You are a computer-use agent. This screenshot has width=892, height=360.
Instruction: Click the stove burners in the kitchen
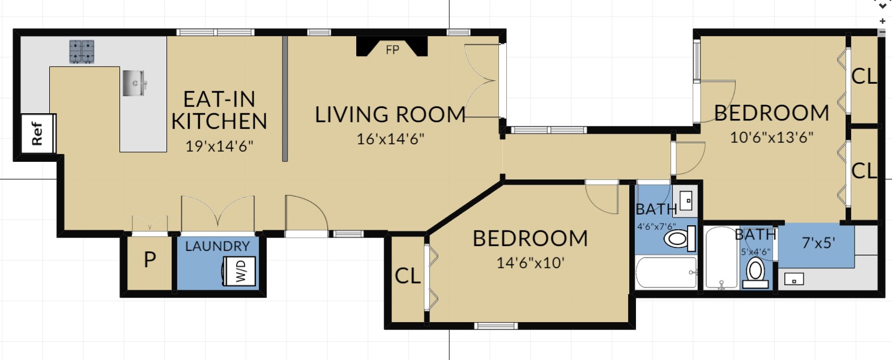click(82, 52)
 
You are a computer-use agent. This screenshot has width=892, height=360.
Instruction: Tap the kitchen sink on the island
click(134, 83)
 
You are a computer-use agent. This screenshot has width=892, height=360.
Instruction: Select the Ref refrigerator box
click(37, 133)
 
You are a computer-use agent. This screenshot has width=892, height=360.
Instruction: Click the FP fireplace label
click(392, 50)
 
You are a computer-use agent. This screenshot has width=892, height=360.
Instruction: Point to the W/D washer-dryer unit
click(240, 271)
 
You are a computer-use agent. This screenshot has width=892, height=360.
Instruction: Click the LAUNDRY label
click(217, 246)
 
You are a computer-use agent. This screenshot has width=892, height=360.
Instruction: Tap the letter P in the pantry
click(150, 260)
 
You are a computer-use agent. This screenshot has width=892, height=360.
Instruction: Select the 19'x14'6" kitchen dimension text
click(219, 146)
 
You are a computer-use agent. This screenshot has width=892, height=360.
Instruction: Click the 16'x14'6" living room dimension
click(390, 139)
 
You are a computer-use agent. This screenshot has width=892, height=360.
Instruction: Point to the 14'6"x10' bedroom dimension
click(531, 263)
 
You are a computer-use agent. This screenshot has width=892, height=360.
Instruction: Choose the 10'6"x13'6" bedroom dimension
click(771, 137)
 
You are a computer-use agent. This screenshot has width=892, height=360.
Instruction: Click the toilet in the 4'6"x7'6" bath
click(680, 238)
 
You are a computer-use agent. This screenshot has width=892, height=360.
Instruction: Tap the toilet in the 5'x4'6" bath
click(756, 273)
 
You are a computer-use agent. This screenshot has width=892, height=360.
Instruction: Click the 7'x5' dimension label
click(818, 243)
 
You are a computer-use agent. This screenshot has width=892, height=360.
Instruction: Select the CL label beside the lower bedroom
click(407, 276)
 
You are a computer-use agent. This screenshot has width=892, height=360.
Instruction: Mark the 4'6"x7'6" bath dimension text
click(656, 226)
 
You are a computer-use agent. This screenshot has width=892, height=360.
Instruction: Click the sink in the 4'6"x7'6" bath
click(686, 201)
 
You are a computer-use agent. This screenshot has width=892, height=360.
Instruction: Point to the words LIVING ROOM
click(390, 114)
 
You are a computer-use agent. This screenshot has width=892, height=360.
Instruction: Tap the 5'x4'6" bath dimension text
click(756, 251)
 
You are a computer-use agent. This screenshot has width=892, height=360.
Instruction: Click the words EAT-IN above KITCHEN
click(219, 99)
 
